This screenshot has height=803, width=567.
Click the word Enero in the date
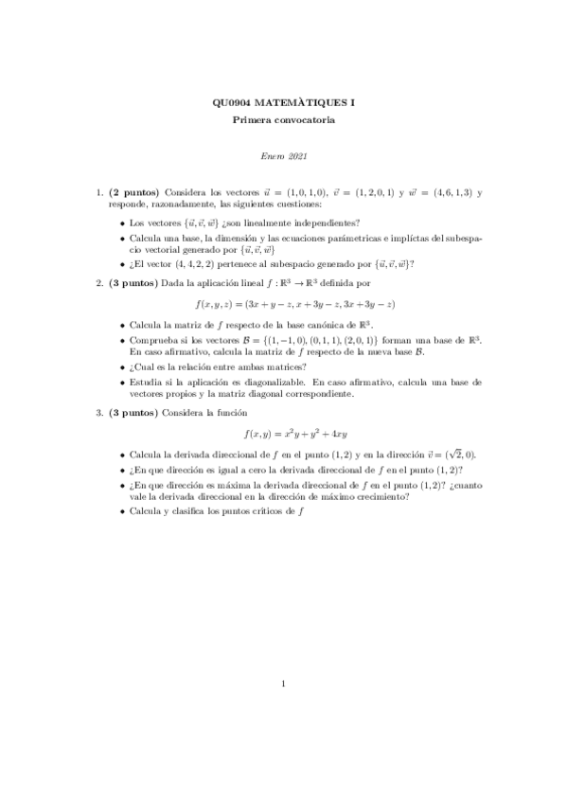[272, 156]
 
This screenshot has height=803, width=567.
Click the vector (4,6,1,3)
[439, 193]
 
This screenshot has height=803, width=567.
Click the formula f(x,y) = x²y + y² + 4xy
[283, 434]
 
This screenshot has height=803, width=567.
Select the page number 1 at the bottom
[284, 683]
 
